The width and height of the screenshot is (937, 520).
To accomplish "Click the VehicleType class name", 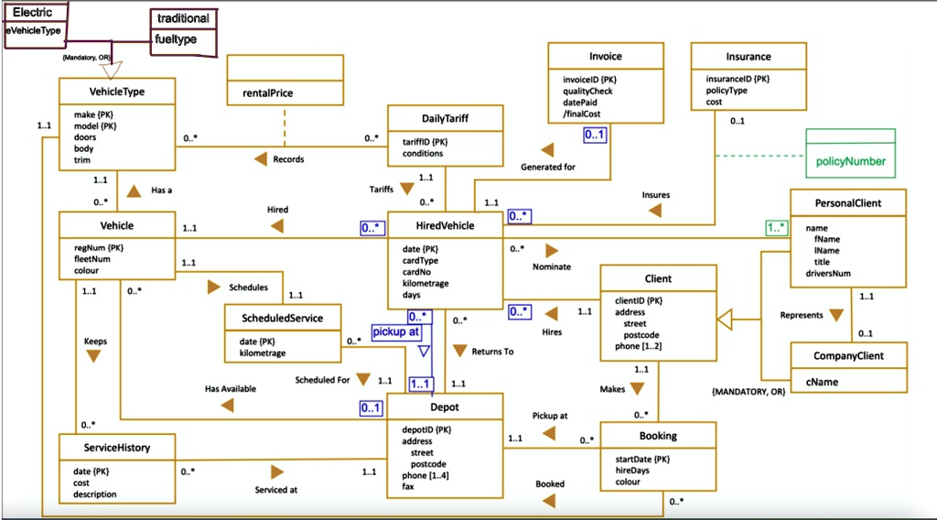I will (x=117, y=92).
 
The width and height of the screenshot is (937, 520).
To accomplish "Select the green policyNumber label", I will (x=851, y=161).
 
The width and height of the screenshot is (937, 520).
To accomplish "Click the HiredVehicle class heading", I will (x=444, y=225).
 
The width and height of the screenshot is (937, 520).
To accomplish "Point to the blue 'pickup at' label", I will (x=396, y=331).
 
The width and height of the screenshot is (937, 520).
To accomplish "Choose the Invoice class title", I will (x=605, y=57).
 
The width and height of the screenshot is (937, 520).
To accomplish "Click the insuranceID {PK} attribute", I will (x=738, y=80).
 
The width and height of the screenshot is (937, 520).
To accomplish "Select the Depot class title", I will (x=445, y=406).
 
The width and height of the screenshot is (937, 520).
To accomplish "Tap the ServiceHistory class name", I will (x=116, y=448).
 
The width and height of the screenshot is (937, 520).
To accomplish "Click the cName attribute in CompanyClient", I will (x=822, y=382).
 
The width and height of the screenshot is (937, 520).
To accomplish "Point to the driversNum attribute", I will (x=827, y=273).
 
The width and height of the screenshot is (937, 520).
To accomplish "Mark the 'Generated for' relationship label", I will (x=548, y=167).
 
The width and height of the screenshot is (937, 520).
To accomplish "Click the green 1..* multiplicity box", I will (x=777, y=227).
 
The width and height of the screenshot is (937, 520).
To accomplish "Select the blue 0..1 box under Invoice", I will (x=595, y=135).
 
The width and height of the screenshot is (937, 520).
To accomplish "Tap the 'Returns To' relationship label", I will (x=492, y=352).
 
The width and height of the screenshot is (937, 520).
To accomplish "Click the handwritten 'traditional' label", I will (x=183, y=18).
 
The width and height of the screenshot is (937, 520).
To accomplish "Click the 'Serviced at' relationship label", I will (x=275, y=490).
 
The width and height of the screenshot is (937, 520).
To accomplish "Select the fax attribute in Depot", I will (x=408, y=486).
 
